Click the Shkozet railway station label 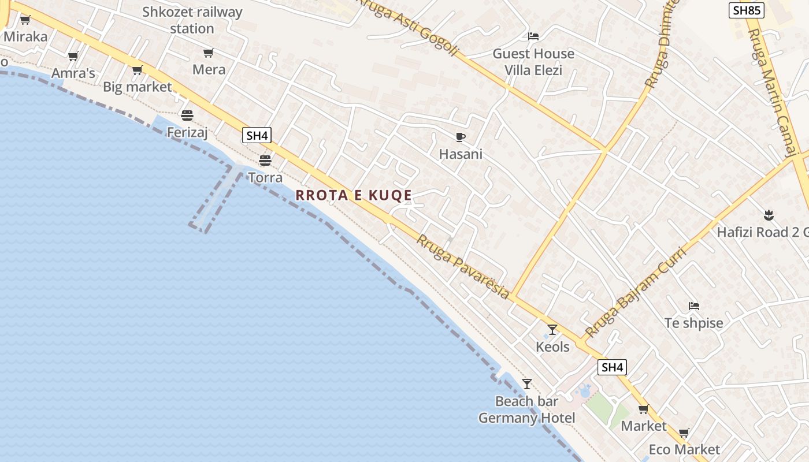coord(192,20)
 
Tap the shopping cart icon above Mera coord(208,53)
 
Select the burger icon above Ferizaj coord(187,115)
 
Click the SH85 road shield coord(747,10)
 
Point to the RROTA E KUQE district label coord(354,195)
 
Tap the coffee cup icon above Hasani coord(460,137)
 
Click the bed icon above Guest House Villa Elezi coord(533,36)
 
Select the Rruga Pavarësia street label coord(463,267)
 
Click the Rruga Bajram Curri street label coord(634,293)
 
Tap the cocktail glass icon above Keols coord(552,330)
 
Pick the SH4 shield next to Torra coord(257,136)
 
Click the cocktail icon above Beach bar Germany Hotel coord(526,384)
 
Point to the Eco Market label coord(684,449)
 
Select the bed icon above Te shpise coord(694,305)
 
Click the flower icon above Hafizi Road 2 coord(769,215)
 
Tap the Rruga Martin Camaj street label coord(771,92)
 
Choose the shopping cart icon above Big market coord(137,70)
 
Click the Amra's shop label coord(73,73)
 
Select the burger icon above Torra coord(265,160)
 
